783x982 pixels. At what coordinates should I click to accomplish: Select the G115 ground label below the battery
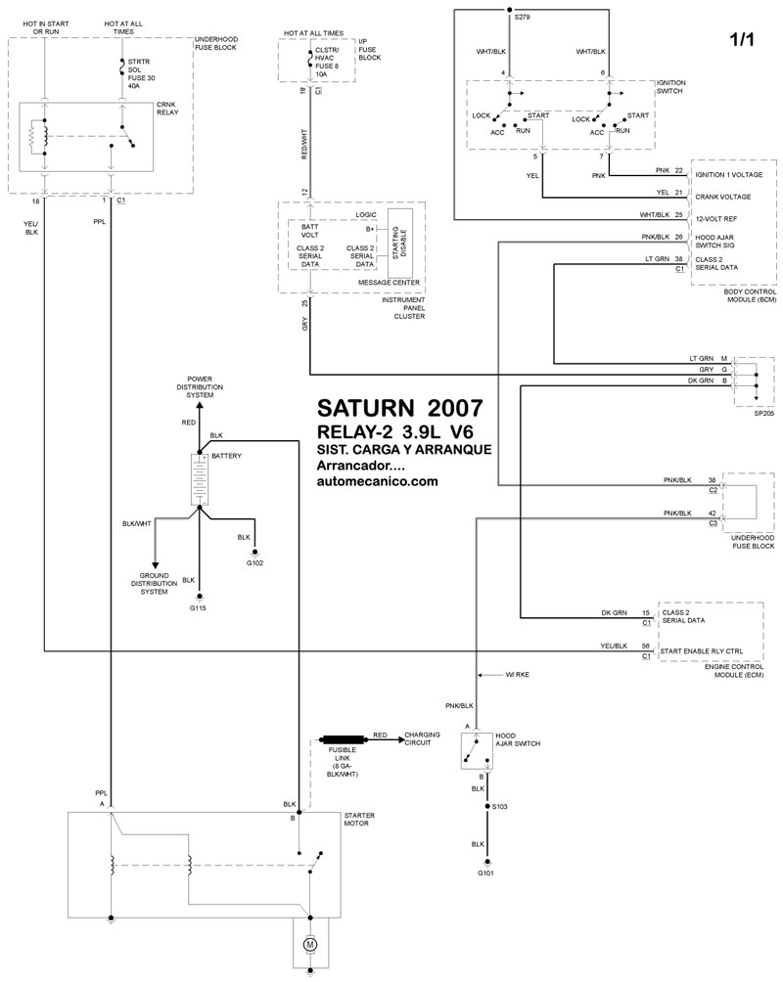pos(200,608)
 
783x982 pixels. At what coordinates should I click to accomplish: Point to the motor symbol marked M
pos(310,945)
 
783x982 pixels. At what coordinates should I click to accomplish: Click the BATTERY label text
pos(227,457)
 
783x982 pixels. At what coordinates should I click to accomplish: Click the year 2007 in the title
pos(455,409)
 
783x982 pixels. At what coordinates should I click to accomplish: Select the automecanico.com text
pos(377,481)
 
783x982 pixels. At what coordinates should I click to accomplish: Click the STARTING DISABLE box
pos(400,241)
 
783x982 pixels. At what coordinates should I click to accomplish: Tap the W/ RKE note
pos(518,676)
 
